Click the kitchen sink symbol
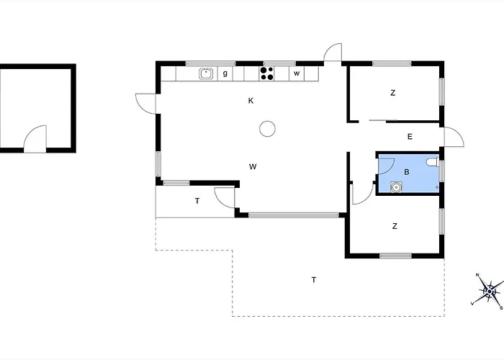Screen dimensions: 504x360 [206, 73]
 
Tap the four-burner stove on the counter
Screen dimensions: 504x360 [267, 73]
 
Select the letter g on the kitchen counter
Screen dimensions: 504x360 [225, 73]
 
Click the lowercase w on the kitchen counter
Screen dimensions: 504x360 [297, 73]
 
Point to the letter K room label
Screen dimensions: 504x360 [251, 101]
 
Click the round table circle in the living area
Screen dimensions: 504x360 [267, 129]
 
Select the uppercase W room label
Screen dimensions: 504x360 [253, 166]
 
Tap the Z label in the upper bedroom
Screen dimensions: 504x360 [393, 93]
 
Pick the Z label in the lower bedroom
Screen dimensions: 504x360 [395, 226]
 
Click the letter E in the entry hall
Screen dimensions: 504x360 [410, 137]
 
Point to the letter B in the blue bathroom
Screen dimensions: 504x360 [407, 172]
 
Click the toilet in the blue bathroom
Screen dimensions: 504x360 [433, 163]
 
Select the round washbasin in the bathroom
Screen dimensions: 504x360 [397, 187]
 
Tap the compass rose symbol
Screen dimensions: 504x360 [489, 291]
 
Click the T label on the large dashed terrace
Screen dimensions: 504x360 [314, 279]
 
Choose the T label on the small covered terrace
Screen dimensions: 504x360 [197, 201]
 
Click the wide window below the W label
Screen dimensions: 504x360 [294, 215]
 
